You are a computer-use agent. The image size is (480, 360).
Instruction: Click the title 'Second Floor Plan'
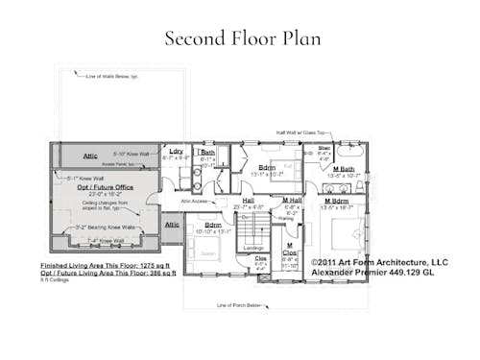point(242,39)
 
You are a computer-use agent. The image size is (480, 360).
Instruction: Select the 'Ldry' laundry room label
point(176,152)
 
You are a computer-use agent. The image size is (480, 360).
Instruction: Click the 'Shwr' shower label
point(324,148)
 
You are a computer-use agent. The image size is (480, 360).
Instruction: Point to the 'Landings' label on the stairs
point(253,248)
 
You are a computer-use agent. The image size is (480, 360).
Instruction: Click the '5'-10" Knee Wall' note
point(132,153)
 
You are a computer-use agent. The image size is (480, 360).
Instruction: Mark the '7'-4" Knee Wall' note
point(107,240)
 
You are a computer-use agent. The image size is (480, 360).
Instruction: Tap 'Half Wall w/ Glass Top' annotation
point(298,133)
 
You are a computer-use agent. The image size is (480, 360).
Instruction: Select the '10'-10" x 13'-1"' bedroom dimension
point(213,231)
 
